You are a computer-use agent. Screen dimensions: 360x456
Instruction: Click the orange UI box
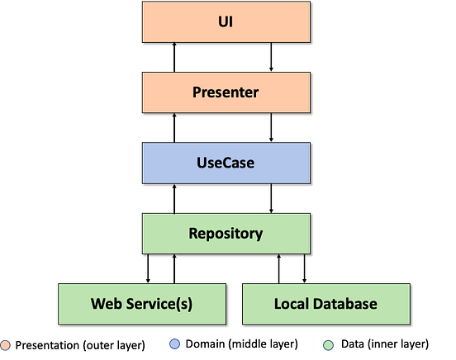tap(226, 22)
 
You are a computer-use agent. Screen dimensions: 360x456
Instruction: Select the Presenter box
tap(226, 92)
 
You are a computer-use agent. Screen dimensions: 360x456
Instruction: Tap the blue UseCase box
tap(226, 163)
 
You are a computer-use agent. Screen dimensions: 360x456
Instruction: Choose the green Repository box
tap(226, 233)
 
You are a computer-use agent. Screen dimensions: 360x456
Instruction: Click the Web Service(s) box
tap(142, 304)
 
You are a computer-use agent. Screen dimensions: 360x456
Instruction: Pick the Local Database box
tap(325, 304)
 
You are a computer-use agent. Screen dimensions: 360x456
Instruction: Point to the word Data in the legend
tap(353, 343)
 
